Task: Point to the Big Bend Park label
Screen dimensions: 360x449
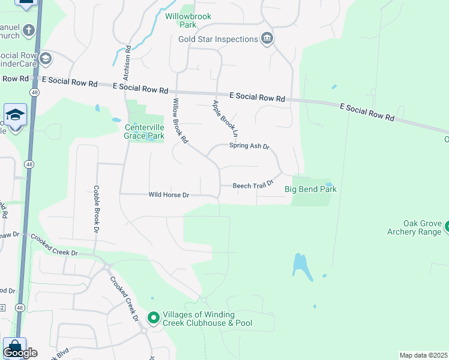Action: (x=310, y=189)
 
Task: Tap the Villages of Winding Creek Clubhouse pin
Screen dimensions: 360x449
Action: (x=154, y=317)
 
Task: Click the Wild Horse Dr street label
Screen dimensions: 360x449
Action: (x=169, y=195)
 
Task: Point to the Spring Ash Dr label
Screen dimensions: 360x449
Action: (x=250, y=146)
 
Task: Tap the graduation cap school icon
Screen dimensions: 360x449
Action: (x=15, y=114)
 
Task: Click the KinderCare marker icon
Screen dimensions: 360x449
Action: (x=46, y=59)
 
